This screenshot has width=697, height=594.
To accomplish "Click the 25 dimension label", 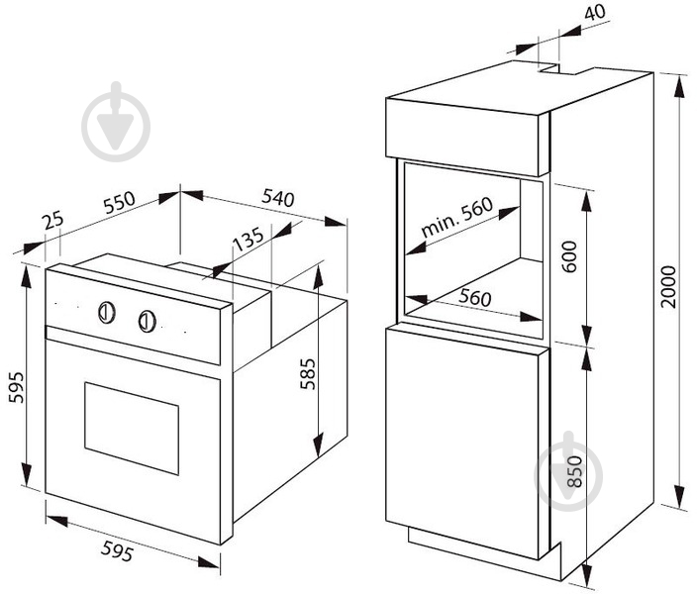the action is pyautogui.click(x=53, y=220).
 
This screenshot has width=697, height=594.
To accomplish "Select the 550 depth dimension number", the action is pyautogui.click(x=119, y=202).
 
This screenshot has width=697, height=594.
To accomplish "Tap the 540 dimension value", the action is pyautogui.click(x=278, y=198).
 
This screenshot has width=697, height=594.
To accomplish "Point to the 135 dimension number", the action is pyautogui.click(x=249, y=240).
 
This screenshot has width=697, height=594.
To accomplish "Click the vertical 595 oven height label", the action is pyautogui.click(x=17, y=387).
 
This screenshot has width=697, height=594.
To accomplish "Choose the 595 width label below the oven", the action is pyautogui.click(x=117, y=550).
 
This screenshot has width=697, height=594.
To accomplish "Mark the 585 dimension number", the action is pyautogui.click(x=307, y=374).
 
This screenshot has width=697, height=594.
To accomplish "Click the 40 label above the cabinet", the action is pyautogui.click(x=595, y=13).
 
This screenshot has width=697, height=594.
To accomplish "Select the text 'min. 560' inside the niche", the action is pyautogui.click(x=457, y=217).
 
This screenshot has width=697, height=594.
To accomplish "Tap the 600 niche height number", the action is pyautogui.click(x=569, y=257).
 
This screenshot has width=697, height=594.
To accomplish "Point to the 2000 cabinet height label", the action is pyautogui.click(x=668, y=287).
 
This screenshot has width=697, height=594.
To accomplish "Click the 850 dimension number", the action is pyautogui.click(x=574, y=471).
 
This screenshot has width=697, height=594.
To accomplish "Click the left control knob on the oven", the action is pyautogui.click(x=107, y=312).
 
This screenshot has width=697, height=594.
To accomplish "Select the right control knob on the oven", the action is pyautogui.click(x=148, y=321).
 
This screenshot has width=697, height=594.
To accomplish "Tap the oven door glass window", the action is pyautogui.click(x=132, y=428).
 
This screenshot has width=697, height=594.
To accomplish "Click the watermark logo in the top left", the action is pyautogui.click(x=116, y=122).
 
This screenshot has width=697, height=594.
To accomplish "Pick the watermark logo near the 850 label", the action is pyautogui.click(x=568, y=471).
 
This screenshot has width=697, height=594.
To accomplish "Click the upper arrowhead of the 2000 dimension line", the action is pyautogui.click(x=679, y=87).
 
